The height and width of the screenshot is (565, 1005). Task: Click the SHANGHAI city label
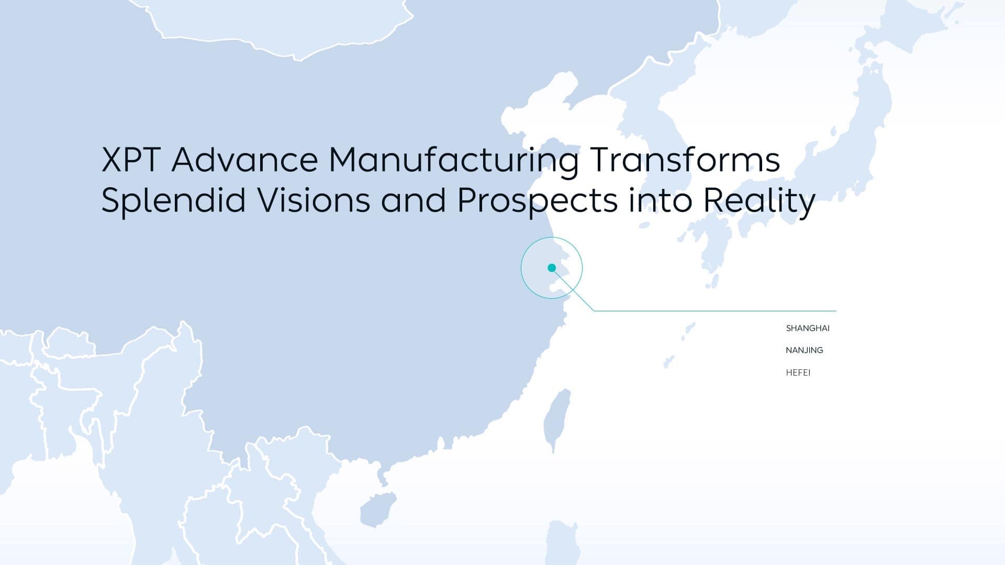pos(808,329)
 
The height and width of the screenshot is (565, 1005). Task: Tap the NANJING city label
pos(805,351)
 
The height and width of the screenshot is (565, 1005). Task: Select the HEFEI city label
pos(798,372)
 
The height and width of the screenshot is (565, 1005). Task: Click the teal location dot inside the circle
pos(552,268)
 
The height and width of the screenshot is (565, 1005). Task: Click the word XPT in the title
pos(131,160)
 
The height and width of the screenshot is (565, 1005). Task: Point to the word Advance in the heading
pos(244,160)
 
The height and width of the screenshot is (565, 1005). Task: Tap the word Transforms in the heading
pos(685,160)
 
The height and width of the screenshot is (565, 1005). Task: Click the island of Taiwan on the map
pos(556,419)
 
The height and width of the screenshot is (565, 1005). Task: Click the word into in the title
pos(660,201)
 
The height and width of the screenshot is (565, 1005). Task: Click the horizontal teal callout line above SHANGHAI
pos(715,311)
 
